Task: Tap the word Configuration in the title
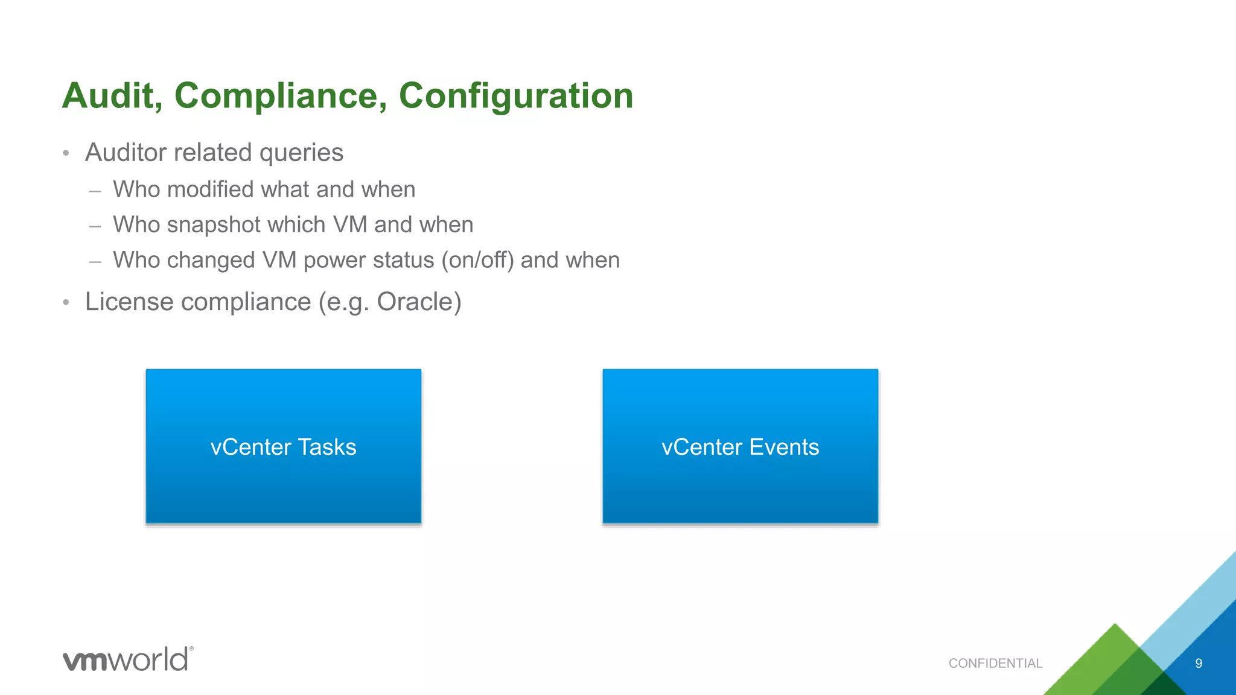point(516,96)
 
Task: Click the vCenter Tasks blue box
point(284,446)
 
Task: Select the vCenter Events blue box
point(740,446)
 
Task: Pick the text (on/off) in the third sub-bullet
point(477,261)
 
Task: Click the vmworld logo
point(128,659)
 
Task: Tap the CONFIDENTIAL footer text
point(995,664)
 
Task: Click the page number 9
point(1199,664)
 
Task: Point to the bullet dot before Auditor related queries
point(66,153)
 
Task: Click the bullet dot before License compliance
point(66,302)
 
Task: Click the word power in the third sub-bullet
point(335,261)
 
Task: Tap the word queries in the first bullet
point(301,153)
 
